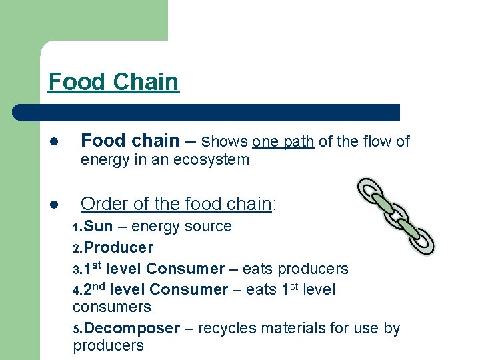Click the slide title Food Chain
pyautogui.click(x=113, y=82)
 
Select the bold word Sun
pyautogui.click(x=99, y=227)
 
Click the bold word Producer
pyautogui.click(x=119, y=247)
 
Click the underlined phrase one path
pyautogui.click(x=283, y=141)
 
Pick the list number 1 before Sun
pyautogui.click(x=77, y=228)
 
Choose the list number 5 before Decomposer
pyautogui.click(x=77, y=329)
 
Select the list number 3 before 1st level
pyautogui.click(x=77, y=270)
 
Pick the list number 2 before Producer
pyautogui.click(x=77, y=249)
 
